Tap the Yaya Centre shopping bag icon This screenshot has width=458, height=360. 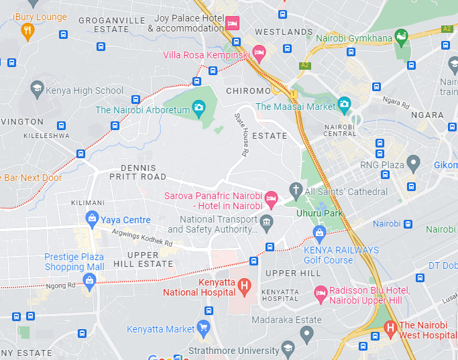coord(93,218)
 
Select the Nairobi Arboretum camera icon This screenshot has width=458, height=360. coord(198,107)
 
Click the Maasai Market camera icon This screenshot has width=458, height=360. coord(344,104)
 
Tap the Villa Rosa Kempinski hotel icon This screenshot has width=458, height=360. coord(259,53)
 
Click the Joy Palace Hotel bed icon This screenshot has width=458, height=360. coord(232,23)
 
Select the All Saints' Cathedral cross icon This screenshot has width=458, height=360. coord(296,191)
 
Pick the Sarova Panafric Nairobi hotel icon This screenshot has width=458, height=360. coord(271,198)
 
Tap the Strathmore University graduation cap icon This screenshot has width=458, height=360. coord(288,347)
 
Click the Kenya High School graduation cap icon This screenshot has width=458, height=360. coord(36,88)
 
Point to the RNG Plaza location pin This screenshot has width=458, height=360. coord(413,162)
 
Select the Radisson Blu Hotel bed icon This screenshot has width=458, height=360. coord(321,292)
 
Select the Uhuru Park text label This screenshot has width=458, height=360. coord(319,213)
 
